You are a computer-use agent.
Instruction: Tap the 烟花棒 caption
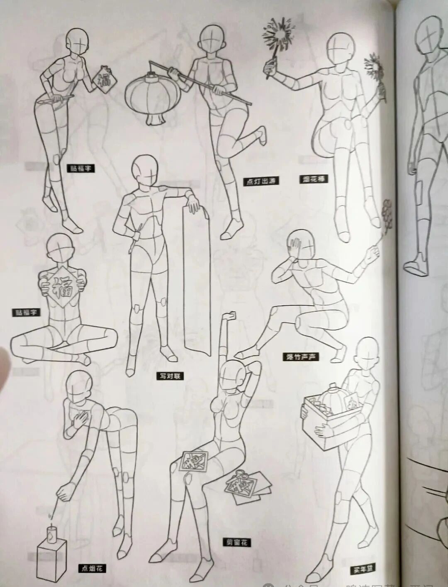[x=313, y=179]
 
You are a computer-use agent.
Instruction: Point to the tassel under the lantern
[x=155, y=120]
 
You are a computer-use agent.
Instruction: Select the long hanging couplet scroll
[x=198, y=282]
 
